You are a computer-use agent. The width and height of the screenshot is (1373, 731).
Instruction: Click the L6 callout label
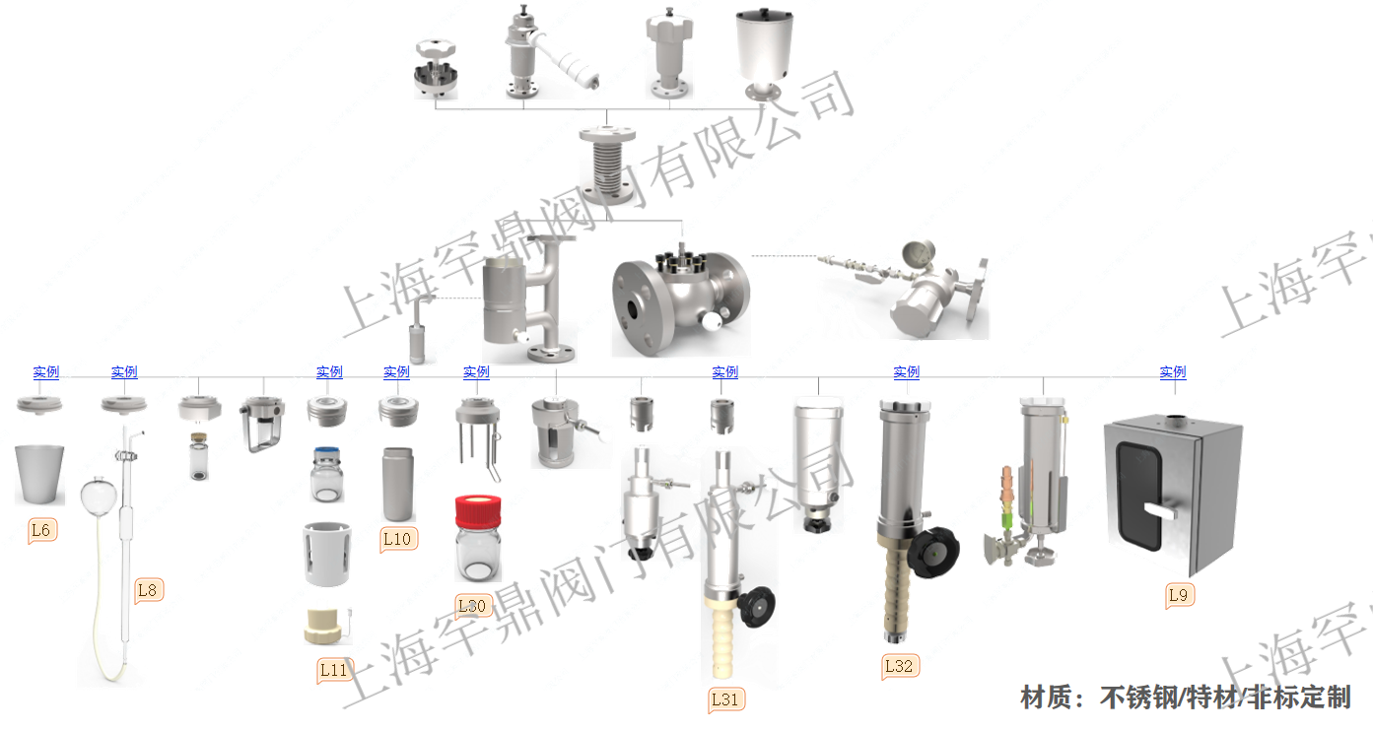[x=41, y=530]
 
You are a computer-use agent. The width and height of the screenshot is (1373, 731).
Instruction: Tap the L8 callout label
[x=147, y=590]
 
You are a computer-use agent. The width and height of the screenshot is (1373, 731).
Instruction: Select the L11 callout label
[x=334, y=670]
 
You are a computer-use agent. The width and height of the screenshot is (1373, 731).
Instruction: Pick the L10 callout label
[x=396, y=539]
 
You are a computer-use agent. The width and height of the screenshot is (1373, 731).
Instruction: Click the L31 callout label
[x=724, y=699]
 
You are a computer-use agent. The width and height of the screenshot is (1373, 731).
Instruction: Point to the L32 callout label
[x=899, y=666]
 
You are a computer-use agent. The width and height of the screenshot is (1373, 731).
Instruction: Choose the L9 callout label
[x=1179, y=595]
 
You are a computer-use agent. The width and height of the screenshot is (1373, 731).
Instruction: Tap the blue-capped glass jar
[x=327, y=474]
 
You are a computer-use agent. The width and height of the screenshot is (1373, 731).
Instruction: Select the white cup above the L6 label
[x=39, y=473]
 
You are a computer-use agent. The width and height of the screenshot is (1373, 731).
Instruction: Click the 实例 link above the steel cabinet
[x=1173, y=372]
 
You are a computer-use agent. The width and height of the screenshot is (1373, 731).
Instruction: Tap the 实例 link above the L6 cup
[x=46, y=372]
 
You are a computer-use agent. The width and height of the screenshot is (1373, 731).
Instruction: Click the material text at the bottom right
[x=1185, y=698]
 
